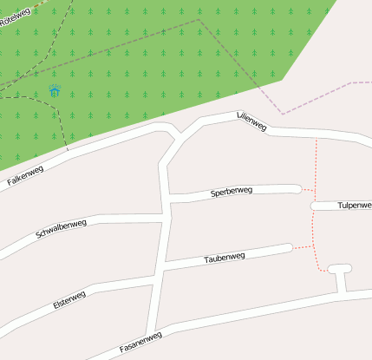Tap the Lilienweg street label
point(251,121)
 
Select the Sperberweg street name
point(231,192)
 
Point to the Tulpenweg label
point(353,206)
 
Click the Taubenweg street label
point(225,258)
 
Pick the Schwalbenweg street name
point(61,230)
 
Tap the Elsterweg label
point(69,301)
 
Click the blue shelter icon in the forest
point(55,91)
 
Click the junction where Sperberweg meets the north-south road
point(166,198)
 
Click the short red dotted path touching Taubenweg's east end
point(302,247)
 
